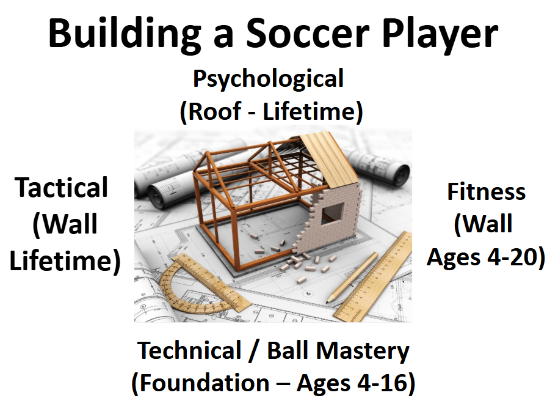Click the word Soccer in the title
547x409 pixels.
pos(308,33)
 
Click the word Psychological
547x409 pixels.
pos(268,79)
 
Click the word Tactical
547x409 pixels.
pos(62,188)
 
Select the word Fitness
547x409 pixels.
pos(487,191)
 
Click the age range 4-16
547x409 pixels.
pos(382,383)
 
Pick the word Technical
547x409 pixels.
pos(190,350)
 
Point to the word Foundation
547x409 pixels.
pos(204,383)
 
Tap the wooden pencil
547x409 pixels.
pos(352,277)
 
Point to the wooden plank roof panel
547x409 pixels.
pos(330,160)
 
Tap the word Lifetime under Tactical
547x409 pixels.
pos(65,260)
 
